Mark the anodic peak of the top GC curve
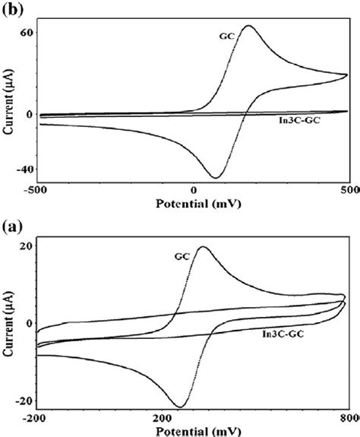[x=249, y=26]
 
